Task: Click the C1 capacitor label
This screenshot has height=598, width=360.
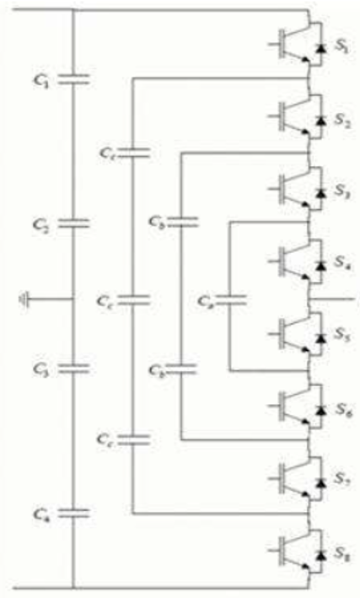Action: pyautogui.click(x=40, y=82)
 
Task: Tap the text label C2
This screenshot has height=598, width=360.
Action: pyautogui.click(x=40, y=226)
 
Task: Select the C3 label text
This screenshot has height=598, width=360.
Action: pyautogui.click(x=40, y=369)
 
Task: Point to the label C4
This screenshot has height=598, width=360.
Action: pyautogui.click(x=40, y=512)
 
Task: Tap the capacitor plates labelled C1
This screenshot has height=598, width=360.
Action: pyautogui.click(x=73, y=81)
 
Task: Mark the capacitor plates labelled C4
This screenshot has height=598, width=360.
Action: pyautogui.click(x=73, y=511)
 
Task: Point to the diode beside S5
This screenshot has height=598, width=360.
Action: pyautogui.click(x=320, y=338)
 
